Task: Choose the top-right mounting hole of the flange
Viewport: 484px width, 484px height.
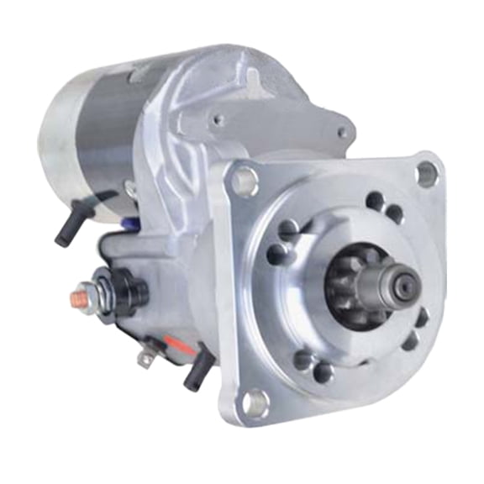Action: [426, 174]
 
